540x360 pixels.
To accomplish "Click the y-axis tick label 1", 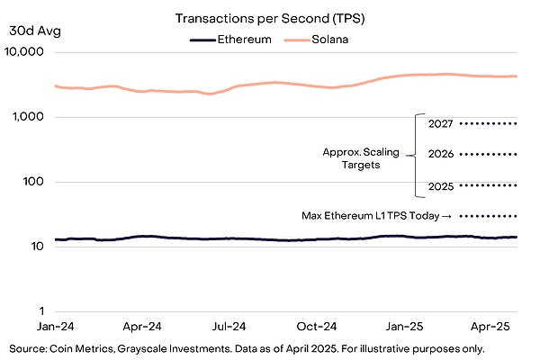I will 41,311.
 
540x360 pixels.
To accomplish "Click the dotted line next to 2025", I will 488,185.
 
